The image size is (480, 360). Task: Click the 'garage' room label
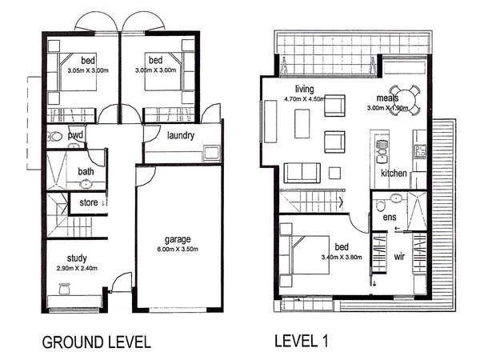pos(178,239)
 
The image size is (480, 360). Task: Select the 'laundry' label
pos(181,135)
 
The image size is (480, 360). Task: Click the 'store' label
pos(89,203)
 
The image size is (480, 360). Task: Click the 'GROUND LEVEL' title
pos(96,342)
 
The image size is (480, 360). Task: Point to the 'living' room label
pos(305,89)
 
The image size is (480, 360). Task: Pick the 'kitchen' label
pos(395,173)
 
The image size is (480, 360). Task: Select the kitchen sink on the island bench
pos(381,148)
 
